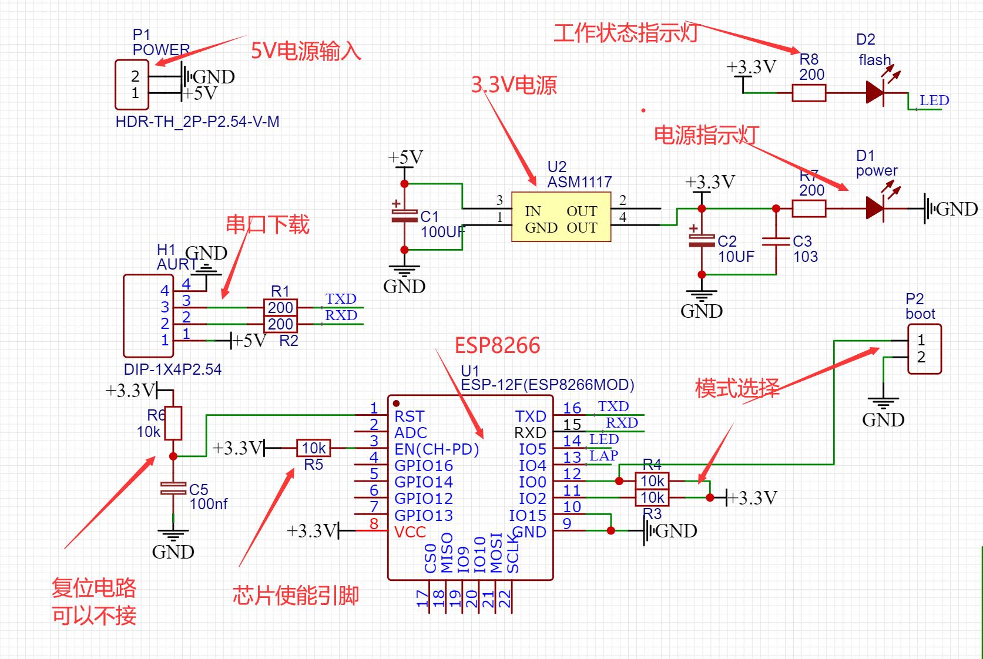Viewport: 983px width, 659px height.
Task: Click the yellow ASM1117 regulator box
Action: tap(561, 217)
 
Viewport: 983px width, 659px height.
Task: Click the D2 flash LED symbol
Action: tap(875, 92)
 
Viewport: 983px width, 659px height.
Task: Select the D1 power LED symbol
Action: tap(875, 208)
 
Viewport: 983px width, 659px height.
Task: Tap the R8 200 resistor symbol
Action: tap(809, 93)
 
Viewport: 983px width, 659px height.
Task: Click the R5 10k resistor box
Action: tap(313, 448)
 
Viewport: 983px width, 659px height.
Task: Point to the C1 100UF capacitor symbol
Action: tap(404, 216)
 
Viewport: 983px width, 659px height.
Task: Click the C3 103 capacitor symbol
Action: tap(776, 241)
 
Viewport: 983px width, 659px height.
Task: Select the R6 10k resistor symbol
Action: tap(173, 423)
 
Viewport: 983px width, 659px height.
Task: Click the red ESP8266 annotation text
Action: tap(497, 345)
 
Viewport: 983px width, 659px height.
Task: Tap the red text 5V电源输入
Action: tap(306, 51)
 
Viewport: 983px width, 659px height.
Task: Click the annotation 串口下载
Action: tap(267, 224)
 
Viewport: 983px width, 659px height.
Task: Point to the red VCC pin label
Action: tap(410, 532)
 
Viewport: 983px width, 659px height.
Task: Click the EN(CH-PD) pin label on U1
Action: tap(437, 449)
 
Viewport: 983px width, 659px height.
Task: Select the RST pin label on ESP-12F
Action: tap(409, 416)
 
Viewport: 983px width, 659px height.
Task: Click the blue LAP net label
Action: tap(603, 455)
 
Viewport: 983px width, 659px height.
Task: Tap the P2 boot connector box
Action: tap(924, 349)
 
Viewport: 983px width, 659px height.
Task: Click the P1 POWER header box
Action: tap(132, 85)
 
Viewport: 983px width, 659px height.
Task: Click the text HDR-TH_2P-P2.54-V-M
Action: tap(197, 122)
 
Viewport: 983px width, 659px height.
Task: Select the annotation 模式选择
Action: tap(737, 388)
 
